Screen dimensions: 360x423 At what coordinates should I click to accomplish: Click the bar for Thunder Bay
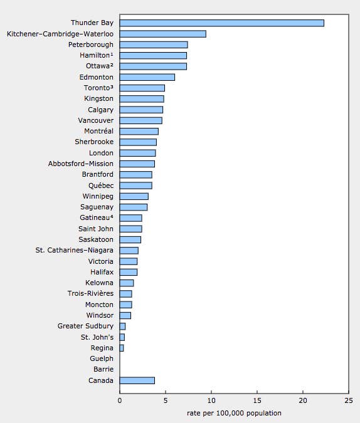click(222, 23)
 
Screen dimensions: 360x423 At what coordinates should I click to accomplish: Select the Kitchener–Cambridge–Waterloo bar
click(163, 34)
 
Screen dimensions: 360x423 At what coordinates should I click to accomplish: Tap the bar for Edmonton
click(147, 77)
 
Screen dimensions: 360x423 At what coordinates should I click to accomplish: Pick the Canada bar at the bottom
click(137, 380)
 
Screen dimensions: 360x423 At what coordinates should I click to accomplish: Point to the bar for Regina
click(122, 348)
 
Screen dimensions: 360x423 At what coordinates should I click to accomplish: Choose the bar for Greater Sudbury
click(122, 326)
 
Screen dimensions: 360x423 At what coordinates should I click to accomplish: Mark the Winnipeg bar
click(134, 196)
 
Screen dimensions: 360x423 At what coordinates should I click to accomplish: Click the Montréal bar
click(139, 132)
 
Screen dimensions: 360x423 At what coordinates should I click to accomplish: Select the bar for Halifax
click(129, 272)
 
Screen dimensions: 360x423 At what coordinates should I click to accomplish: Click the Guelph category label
click(102, 359)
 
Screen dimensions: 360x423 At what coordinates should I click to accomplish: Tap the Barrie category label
click(103, 369)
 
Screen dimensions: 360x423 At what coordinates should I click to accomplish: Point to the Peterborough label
click(91, 44)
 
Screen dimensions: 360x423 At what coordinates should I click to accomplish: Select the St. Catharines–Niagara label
click(74, 250)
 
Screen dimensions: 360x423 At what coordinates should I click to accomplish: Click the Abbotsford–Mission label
click(81, 164)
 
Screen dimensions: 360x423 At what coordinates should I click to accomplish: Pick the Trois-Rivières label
click(90, 293)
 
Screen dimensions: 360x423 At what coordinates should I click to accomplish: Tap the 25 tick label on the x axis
click(349, 400)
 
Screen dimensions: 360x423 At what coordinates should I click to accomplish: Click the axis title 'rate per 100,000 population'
click(234, 413)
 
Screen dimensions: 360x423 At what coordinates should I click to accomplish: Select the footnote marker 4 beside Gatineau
click(112, 216)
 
